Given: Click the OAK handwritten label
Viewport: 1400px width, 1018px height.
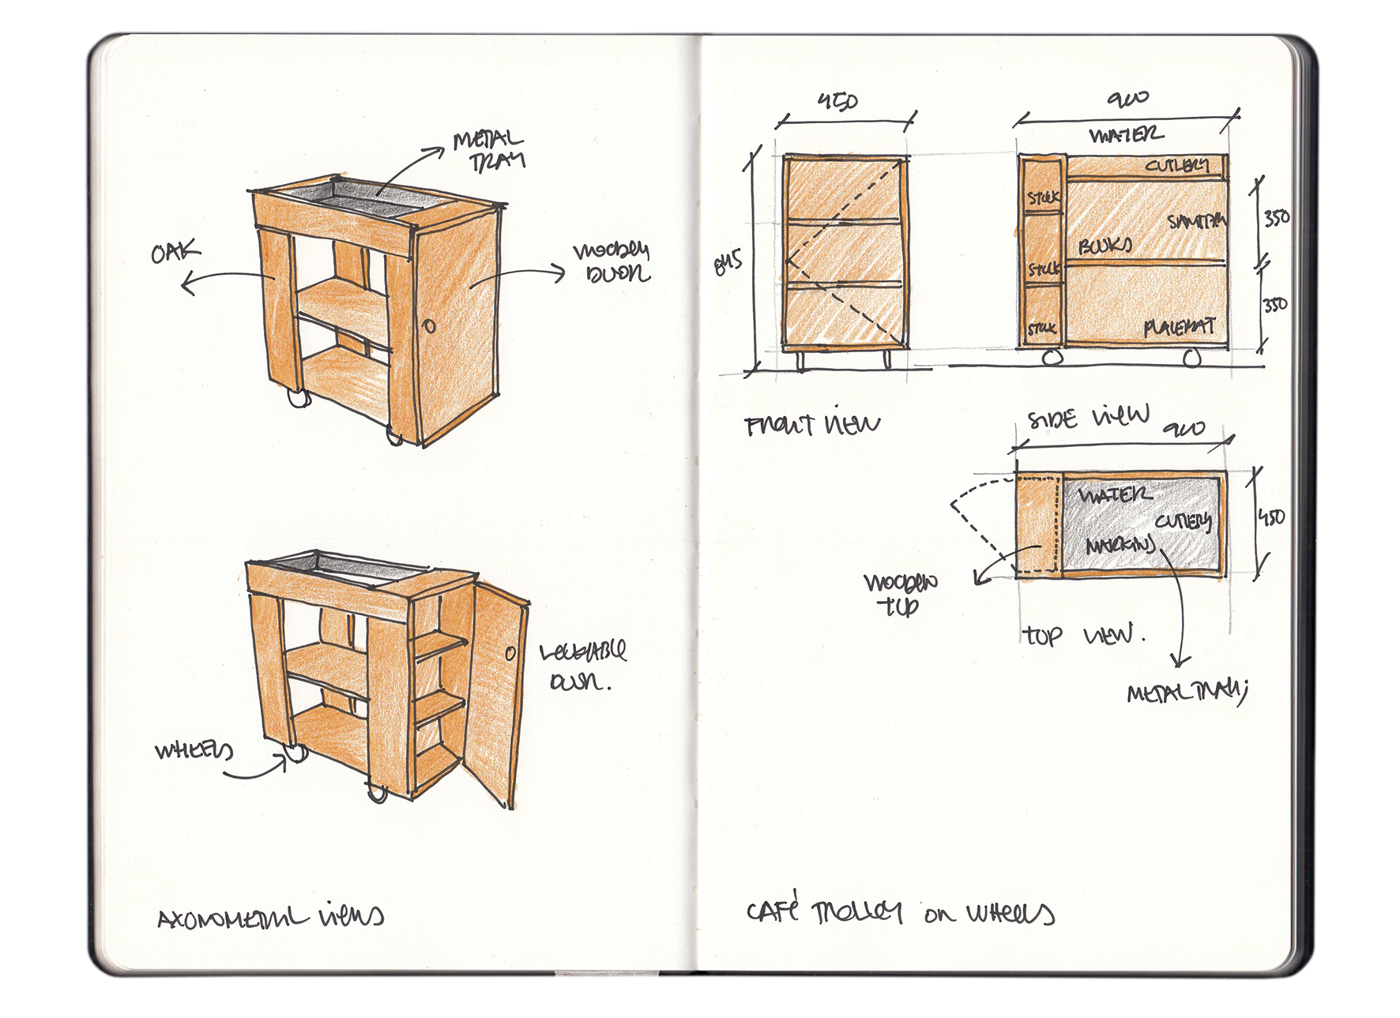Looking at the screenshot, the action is click(175, 253).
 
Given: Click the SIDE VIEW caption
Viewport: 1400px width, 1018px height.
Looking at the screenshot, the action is click(1087, 416).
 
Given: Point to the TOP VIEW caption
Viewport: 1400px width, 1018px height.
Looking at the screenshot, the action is click(1082, 635).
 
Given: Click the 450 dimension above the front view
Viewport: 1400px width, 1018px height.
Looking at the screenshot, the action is click(837, 101).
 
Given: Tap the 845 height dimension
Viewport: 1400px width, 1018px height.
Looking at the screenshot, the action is click(728, 262).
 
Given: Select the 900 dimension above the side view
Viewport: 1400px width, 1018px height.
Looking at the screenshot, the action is click(1127, 99).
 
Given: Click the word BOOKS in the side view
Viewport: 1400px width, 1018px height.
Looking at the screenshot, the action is click(1105, 246).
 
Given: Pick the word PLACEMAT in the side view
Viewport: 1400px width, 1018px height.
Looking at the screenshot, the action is click(1179, 327).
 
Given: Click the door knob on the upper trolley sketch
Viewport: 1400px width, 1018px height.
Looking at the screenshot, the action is click(429, 325).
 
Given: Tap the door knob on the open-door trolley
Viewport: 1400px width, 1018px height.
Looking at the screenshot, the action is click(510, 653).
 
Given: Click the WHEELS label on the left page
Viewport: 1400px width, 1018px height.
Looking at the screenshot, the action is click(194, 749).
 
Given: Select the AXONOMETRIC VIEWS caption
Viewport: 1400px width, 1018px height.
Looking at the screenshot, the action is click(270, 918).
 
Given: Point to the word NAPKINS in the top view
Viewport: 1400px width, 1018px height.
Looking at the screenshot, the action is click(1120, 545).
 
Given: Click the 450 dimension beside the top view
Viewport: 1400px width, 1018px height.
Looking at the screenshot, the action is click(1271, 517).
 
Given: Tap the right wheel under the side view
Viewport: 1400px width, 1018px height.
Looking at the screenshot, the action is click(1191, 359).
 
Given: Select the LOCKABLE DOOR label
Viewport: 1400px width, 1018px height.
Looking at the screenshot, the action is click(581, 666).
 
